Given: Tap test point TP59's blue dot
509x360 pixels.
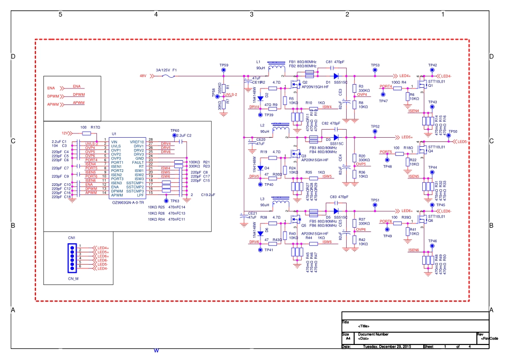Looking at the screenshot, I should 224,71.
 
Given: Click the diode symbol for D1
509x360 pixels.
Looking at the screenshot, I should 335,76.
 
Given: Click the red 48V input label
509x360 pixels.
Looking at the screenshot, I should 143,76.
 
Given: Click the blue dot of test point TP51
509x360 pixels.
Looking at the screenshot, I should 376,205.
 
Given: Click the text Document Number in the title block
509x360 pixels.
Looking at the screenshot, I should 366,334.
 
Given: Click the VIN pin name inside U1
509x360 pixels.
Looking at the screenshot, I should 115,141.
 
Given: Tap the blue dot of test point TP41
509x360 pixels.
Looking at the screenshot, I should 260,250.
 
